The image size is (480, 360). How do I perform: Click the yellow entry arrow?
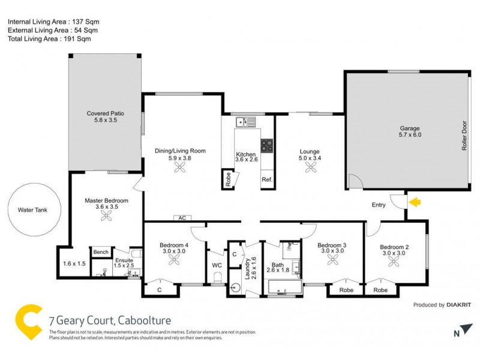[415, 203]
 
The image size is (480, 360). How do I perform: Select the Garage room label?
[410, 128]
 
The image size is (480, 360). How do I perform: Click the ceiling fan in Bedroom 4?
[174, 260]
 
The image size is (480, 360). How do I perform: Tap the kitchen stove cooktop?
[267, 145]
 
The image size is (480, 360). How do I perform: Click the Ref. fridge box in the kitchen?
[267, 179]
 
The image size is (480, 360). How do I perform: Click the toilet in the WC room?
[217, 277]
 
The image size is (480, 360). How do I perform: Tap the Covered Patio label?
[105, 116]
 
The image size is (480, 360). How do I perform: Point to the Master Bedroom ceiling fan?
[107, 218]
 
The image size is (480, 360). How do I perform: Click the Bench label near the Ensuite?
[99, 253]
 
